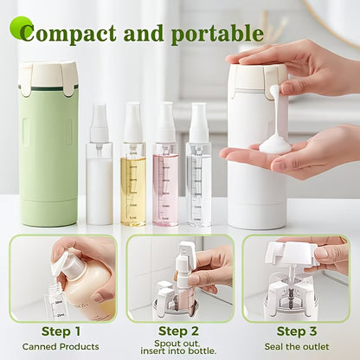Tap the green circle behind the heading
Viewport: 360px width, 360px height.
pyautogui.click(x=20, y=28)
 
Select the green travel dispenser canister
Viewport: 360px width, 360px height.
pyautogui.click(x=48, y=151)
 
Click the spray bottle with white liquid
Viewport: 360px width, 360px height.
pyautogui.click(x=99, y=186)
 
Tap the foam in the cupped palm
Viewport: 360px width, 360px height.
pyautogui.click(x=275, y=143)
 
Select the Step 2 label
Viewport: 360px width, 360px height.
pyautogui.click(x=179, y=331)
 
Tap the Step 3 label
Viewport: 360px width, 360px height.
pyautogui.click(x=297, y=331)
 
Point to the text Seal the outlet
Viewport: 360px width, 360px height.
pyautogui.click(x=297, y=345)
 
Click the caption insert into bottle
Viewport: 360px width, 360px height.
pyautogui.click(x=179, y=352)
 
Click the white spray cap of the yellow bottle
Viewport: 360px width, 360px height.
pyautogui.click(x=133, y=122)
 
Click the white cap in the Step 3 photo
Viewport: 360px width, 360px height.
pyautogui.click(x=289, y=254)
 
